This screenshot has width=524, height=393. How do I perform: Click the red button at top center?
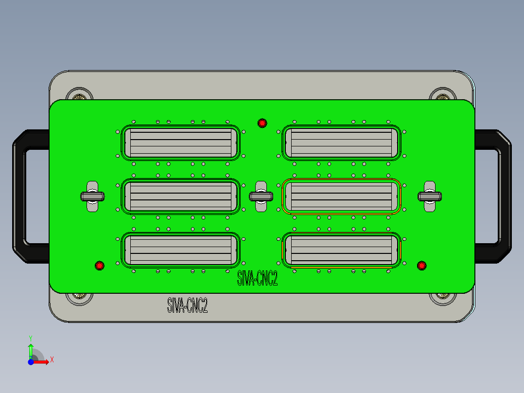pyautogui.click(x=262, y=123)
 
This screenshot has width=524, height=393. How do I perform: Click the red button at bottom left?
pyautogui.click(x=100, y=266)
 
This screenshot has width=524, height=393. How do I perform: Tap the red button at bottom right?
pyautogui.click(x=421, y=265)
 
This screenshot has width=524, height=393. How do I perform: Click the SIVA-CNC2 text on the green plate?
pyautogui.click(x=257, y=279)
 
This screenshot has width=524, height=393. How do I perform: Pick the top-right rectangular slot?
pyautogui.click(x=341, y=143)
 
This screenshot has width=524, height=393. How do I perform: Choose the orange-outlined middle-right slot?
pyautogui.click(x=341, y=196)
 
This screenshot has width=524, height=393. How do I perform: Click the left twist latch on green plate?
pyautogui.click(x=92, y=196)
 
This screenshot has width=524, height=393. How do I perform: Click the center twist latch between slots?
pyautogui.click(x=261, y=196)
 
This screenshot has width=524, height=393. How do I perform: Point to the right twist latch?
pyautogui.click(x=430, y=196)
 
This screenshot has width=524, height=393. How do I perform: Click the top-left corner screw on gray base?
pyautogui.click(x=79, y=95)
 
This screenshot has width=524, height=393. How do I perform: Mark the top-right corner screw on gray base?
pyautogui.click(x=442, y=95)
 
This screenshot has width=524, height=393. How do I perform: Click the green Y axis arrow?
pyautogui.click(x=31, y=348)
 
